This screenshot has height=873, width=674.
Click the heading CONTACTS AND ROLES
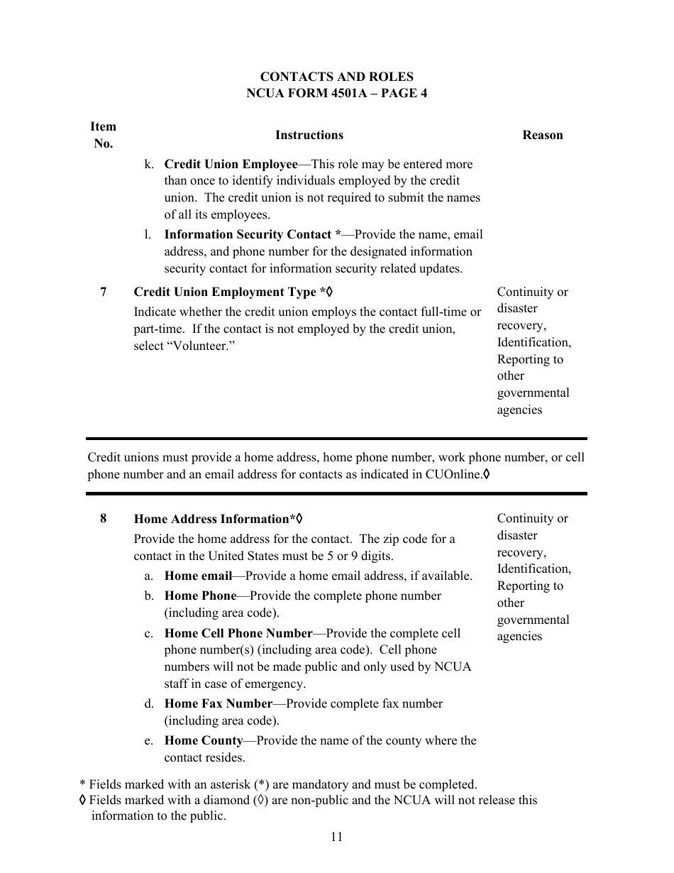(x=336, y=77)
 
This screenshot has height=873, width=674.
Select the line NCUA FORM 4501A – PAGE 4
(x=336, y=94)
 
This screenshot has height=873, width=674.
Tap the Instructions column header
(x=309, y=135)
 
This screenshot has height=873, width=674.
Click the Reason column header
(x=542, y=135)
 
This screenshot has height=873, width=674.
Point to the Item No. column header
(x=103, y=135)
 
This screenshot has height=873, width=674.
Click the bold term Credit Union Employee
(x=231, y=164)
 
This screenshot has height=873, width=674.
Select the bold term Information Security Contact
(x=248, y=234)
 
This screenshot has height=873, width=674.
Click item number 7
(x=104, y=292)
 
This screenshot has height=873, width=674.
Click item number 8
(x=104, y=518)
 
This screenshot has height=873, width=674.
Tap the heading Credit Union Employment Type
(x=225, y=292)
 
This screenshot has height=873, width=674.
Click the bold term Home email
(x=198, y=576)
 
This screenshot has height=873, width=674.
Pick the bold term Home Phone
(x=200, y=596)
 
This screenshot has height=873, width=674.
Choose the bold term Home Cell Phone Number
(x=238, y=633)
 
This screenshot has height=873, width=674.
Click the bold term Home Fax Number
(x=219, y=703)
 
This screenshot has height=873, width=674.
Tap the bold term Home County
(x=204, y=740)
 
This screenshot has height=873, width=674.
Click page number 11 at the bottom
(x=336, y=837)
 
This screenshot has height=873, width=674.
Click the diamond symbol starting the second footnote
(x=83, y=801)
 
